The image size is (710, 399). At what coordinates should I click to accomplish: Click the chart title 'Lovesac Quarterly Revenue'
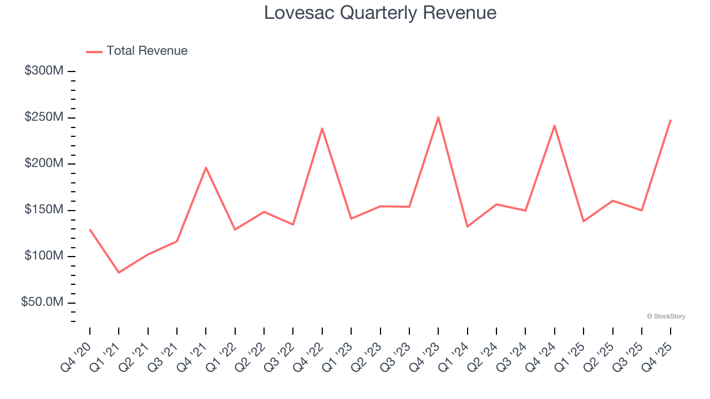(380, 13)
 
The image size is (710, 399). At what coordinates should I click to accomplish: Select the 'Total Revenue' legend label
(147, 51)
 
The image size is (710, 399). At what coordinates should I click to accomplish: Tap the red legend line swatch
(94, 52)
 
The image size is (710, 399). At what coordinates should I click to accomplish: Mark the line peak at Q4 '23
(438, 117)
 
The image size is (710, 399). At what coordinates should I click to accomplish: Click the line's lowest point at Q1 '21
(119, 272)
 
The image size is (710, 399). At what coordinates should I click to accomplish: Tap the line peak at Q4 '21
(206, 167)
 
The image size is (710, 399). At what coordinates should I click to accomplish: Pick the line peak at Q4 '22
(322, 129)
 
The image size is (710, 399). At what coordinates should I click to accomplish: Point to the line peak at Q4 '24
(554, 126)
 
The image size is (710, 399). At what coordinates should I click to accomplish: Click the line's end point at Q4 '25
(670, 120)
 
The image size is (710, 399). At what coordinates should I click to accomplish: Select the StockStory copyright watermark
(666, 316)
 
